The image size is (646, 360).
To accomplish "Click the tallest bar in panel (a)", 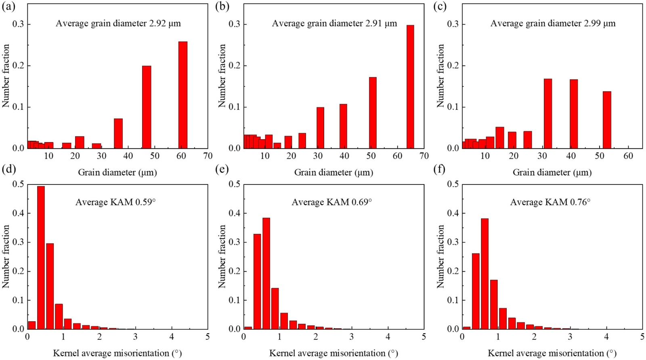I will [183, 95].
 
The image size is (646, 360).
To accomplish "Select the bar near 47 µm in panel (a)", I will [147, 107].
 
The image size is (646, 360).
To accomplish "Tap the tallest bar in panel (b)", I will [410, 87].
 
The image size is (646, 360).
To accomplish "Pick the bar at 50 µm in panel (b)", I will [373, 113].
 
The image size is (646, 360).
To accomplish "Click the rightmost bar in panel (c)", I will [607, 120].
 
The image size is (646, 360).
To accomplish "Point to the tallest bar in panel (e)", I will [266, 273].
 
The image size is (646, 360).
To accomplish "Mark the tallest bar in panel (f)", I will [485, 274].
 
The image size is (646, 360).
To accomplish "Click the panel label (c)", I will [440, 7].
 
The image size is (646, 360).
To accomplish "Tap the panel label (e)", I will [222, 169].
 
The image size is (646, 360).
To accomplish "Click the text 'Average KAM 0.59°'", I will [115, 202].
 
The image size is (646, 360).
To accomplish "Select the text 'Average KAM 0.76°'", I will [550, 202].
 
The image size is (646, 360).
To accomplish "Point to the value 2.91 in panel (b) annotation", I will [373, 23].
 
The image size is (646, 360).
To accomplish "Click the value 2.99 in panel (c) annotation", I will [592, 23].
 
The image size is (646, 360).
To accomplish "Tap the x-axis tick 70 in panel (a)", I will [208, 156].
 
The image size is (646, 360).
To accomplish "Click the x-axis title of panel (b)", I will [333, 173].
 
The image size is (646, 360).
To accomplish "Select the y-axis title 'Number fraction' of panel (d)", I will [6, 256].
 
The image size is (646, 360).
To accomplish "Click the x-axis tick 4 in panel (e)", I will [388, 337].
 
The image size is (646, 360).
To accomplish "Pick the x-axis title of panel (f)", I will [552, 353].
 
